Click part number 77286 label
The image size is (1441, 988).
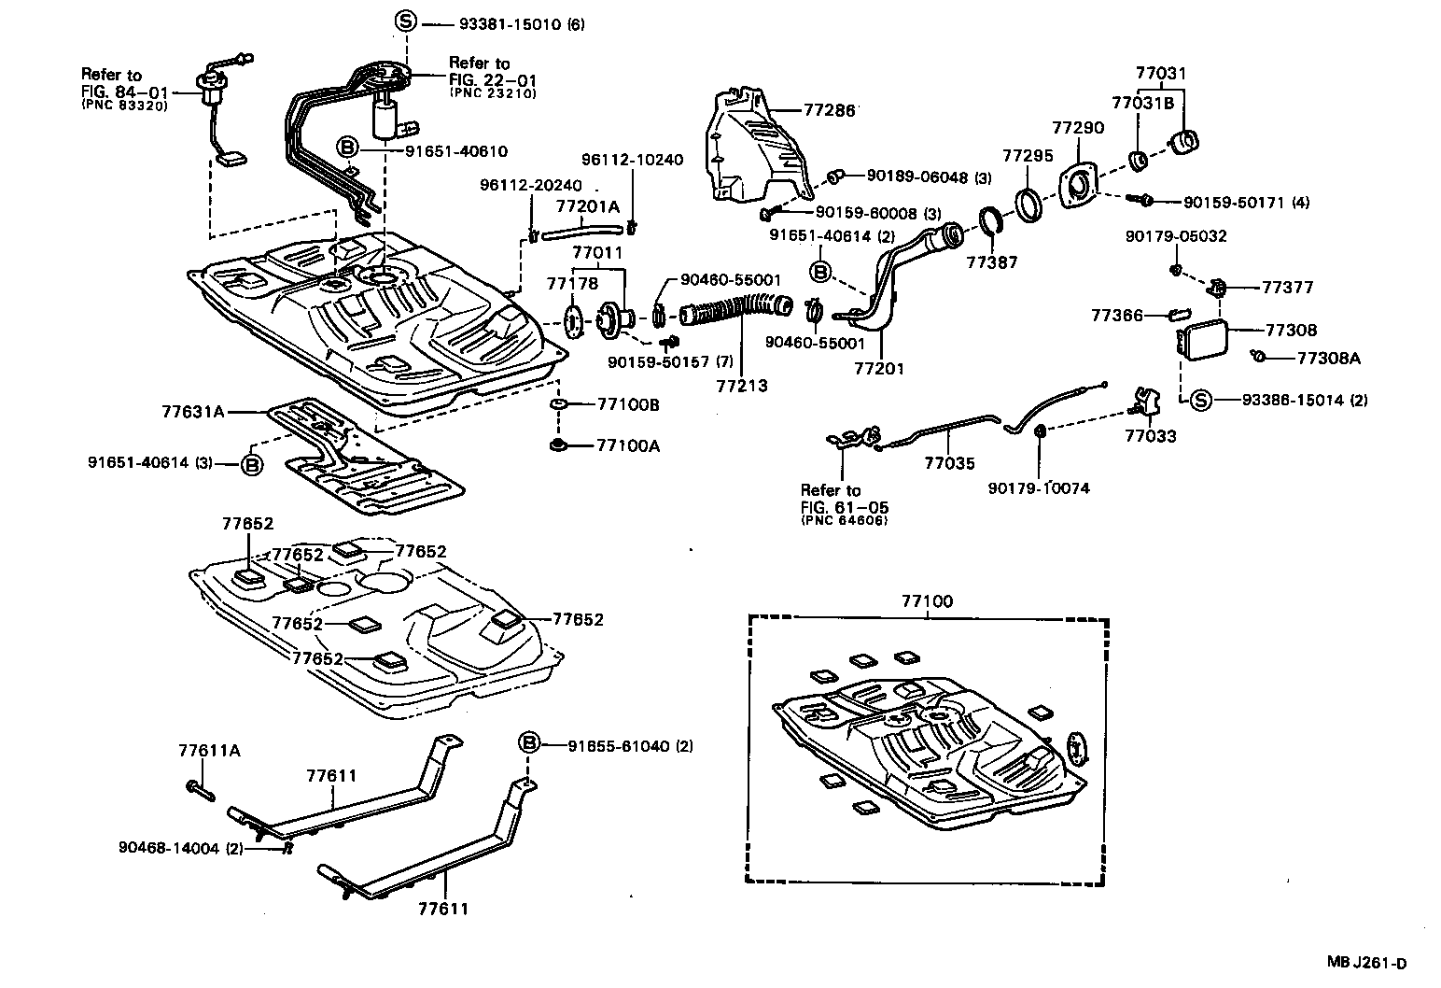click(829, 110)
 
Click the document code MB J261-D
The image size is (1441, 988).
click(1367, 964)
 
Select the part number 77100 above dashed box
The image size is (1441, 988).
click(927, 602)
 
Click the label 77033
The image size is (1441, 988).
click(1150, 436)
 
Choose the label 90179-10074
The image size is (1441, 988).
click(1039, 487)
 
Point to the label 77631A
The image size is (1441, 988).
click(192, 410)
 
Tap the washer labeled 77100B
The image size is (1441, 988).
click(558, 405)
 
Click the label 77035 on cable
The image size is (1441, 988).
click(949, 462)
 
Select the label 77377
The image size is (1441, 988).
click(1289, 288)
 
